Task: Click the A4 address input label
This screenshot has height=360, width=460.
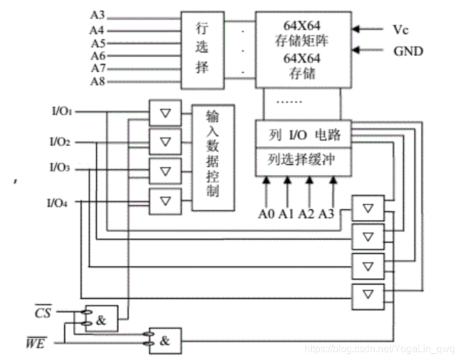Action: coord(97,30)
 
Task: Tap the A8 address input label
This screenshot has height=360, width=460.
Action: coord(98,82)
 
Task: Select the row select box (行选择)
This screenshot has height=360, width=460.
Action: coord(203,50)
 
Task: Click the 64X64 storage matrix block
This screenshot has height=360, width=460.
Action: coord(303,49)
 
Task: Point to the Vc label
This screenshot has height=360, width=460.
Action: coord(401,30)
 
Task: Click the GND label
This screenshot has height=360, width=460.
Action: coord(408,51)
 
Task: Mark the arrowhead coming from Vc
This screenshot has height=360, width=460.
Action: coord(356,29)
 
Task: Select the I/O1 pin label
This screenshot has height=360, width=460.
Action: coord(62,111)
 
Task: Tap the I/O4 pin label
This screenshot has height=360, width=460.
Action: coord(57,203)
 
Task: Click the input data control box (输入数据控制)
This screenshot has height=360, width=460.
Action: coord(213,157)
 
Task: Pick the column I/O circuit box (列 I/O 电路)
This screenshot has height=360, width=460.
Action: coord(303,134)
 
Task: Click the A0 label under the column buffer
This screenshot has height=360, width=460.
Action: coord(266,214)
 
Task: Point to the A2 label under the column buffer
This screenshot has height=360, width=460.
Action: coord(307,214)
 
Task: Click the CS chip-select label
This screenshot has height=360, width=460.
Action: coord(43,312)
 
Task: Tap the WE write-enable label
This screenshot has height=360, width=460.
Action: coord(36,342)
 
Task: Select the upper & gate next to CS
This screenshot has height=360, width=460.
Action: coord(101,319)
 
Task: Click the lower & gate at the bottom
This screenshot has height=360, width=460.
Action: coord(165,341)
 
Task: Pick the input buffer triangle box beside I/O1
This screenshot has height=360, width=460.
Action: coord(165,113)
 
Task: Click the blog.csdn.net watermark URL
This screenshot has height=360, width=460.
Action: coord(380,349)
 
